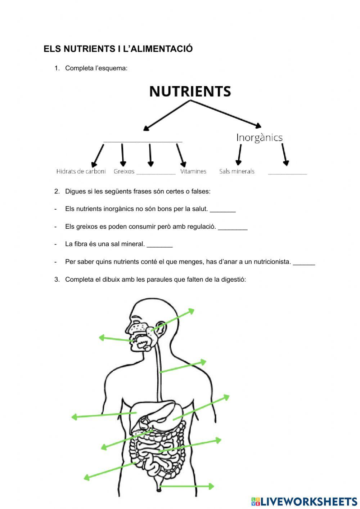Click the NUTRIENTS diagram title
coord(190,91)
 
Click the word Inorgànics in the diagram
coord(259,137)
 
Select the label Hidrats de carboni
coord(81,171)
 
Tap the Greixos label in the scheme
coord(124,171)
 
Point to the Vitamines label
coord(193,171)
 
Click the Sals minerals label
coord(237,171)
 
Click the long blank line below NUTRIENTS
coord(143,141)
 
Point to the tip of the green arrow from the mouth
coord(100,338)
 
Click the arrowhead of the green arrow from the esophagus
coord(205,361)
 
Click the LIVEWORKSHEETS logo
coord(304,501)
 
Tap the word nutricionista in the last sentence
coord(269,262)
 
